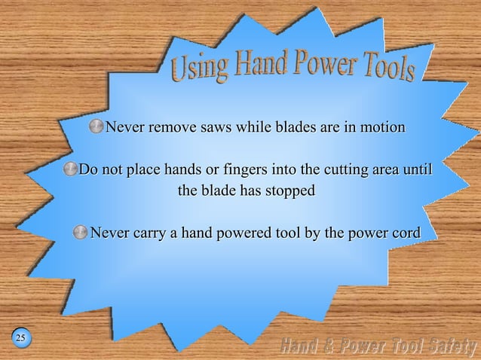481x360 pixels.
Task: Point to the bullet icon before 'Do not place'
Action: click(x=70, y=169)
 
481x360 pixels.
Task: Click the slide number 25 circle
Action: click(x=20, y=337)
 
